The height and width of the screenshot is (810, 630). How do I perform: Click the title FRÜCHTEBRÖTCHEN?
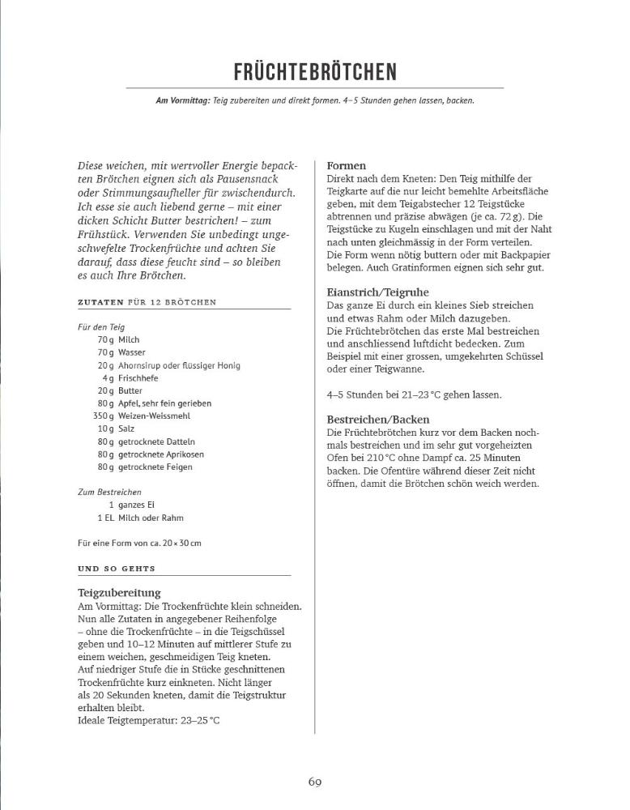[x=315, y=71]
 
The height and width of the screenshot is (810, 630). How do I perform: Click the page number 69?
[x=315, y=782]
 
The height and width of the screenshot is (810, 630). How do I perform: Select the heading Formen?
[x=346, y=165]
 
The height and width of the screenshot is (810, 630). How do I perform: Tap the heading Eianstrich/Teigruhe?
[x=377, y=292]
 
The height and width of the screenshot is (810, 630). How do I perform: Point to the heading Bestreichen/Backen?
[x=377, y=420]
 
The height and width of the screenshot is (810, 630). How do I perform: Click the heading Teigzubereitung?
[x=119, y=593]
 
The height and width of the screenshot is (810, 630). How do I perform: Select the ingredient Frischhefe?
[x=137, y=377]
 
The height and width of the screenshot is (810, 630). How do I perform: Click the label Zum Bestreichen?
[x=110, y=492]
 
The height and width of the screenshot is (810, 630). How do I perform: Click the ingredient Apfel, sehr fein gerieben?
[x=164, y=403]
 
